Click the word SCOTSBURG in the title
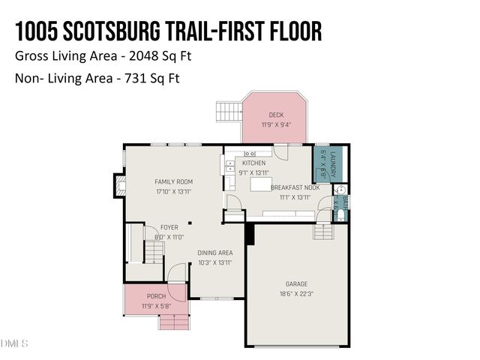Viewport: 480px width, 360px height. (x=125, y=31)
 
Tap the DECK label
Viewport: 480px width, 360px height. (x=276, y=115)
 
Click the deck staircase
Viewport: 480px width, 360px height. (x=228, y=113)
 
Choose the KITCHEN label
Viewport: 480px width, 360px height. (x=253, y=163)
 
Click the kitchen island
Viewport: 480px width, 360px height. (x=260, y=184)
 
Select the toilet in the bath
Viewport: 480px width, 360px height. (x=341, y=215)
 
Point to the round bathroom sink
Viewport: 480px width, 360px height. (x=340, y=190)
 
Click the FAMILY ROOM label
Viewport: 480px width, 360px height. (x=173, y=181)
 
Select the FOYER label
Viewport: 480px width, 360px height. (x=169, y=227)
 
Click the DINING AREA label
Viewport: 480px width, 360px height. (x=214, y=253)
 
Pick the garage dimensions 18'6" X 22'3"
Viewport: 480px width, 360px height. (x=296, y=294)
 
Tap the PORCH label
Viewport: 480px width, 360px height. (x=157, y=296)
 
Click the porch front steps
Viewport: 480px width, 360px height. (x=173, y=322)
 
